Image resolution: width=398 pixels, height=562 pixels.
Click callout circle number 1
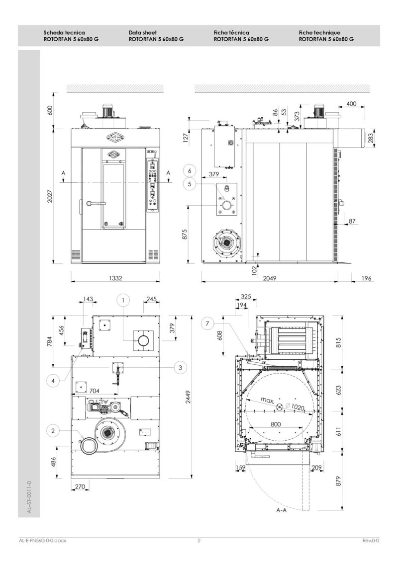pos(124,300)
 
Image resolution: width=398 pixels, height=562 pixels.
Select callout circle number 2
pos(53,431)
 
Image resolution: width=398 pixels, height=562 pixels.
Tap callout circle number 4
pos(54,381)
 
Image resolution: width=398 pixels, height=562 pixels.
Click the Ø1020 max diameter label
pos(295,406)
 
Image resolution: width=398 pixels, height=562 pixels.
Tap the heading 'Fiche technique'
pos(319,32)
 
